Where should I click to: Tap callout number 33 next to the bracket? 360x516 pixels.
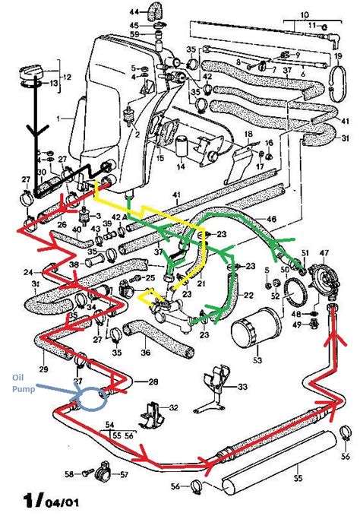(243, 388)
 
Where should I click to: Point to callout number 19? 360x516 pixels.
(339, 58)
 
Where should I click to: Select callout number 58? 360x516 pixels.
(69, 473)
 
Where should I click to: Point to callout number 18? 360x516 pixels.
(248, 134)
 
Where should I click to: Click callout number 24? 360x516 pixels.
(28, 271)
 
